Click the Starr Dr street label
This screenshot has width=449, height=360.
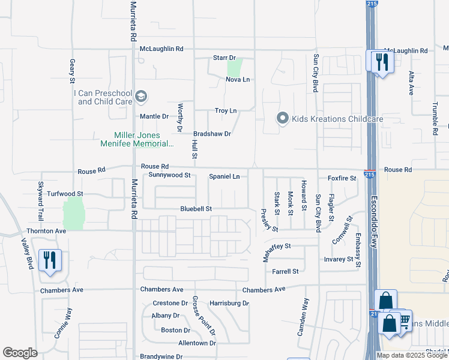[224, 58]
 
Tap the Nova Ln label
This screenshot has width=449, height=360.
[237, 79]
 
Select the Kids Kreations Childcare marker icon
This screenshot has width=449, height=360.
[283, 119]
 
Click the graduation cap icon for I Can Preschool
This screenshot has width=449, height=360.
[141, 97]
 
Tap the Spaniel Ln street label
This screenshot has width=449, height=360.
[224, 176]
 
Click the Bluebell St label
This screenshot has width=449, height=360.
[196, 209]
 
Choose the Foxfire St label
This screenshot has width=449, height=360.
[342, 178]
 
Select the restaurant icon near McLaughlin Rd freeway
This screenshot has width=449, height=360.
[381, 61]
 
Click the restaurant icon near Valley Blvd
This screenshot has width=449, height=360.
[49, 260]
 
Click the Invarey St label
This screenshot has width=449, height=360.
[338, 259]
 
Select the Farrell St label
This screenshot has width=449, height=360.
[285, 272]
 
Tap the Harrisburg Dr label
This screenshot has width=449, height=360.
[229, 303]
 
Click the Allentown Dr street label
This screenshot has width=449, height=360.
[197, 343]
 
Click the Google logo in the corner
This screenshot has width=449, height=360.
[20, 353]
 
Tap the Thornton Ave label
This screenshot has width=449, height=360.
[46, 230]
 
